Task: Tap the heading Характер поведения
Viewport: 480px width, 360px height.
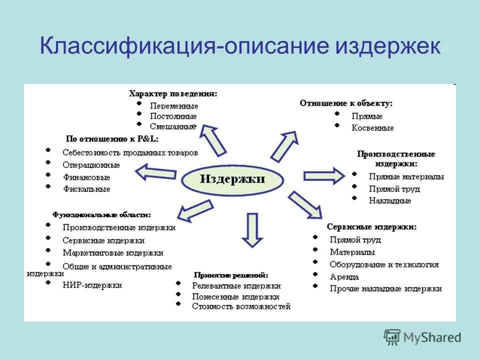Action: click(173, 93)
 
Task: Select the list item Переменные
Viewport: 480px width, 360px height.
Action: click(174, 106)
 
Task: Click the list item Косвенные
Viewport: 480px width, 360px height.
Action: click(372, 128)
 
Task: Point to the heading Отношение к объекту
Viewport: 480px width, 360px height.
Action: click(346, 103)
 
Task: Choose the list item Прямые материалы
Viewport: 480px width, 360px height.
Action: click(406, 176)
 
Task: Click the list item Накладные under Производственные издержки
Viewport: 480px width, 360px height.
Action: click(389, 200)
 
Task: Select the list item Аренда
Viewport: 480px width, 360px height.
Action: click(344, 277)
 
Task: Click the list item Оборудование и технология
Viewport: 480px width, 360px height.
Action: click(384, 264)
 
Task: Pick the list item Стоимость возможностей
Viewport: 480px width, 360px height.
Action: click(241, 306)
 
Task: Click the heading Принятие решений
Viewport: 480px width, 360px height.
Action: click(230, 275)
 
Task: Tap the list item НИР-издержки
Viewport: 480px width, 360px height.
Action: click(92, 285)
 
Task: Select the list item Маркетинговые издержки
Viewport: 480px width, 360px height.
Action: click(113, 253)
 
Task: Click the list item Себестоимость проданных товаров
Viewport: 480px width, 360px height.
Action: click(130, 152)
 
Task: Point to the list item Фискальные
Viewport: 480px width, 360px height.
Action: click(86, 189)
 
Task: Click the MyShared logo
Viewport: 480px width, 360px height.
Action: click(422, 337)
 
